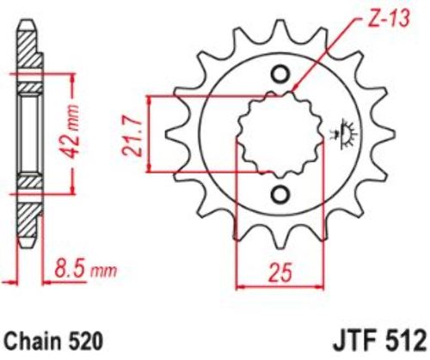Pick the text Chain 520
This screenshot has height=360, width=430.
pos(53,341)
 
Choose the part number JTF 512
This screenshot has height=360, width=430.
pos(380,341)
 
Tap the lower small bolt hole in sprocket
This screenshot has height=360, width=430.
pos(279,195)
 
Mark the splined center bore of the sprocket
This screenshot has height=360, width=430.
pos(280,135)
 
